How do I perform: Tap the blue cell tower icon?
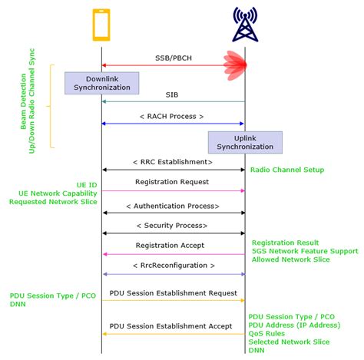pyautogui.click(x=245, y=25)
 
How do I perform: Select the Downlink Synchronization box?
pyautogui.click(x=102, y=83)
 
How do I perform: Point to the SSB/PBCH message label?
pyautogui.click(x=173, y=57)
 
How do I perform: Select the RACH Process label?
pyautogui.click(x=172, y=116)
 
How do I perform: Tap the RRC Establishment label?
pyautogui.click(x=172, y=162)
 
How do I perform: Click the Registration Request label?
pyautogui.click(x=172, y=182)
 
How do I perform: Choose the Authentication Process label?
pyautogui.click(x=172, y=206)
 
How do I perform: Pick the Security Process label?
pyautogui.click(x=172, y=226)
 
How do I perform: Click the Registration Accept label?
pyautogui.click(x=172, y=246)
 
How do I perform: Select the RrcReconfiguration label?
pyautogui.click(x=172, y=266)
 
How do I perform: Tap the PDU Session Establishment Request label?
pyautogui.click(x=172, y=292)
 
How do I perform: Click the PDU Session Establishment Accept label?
pyautogui.click(x=172, y=325)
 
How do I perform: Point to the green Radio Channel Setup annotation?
pyautogui.click(x=287, y=170)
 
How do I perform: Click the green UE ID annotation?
pyautogui.click(x=87, y=185)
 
